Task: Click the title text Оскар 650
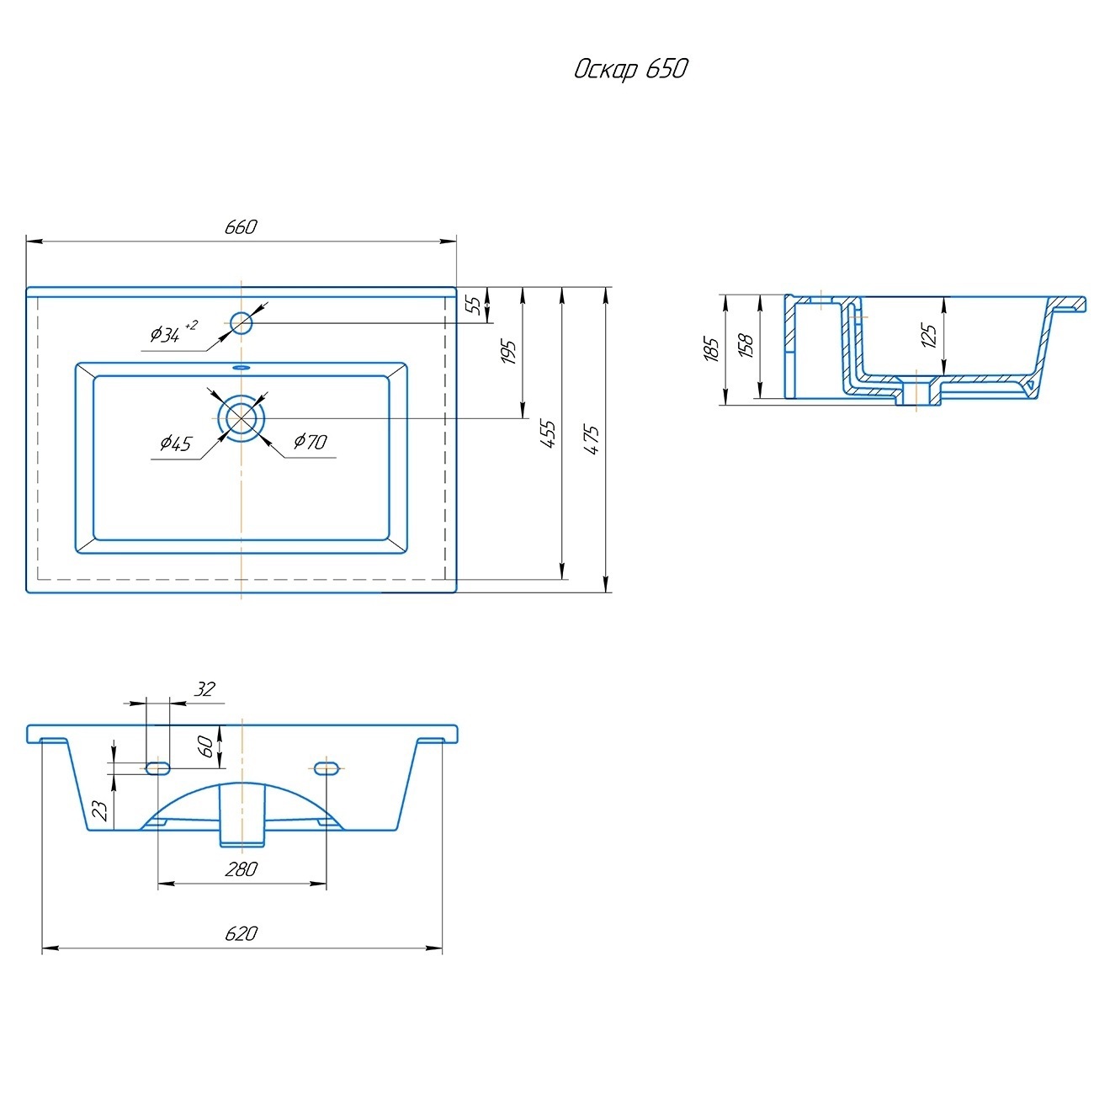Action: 631,69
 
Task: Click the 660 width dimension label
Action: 241,227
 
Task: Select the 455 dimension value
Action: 547,433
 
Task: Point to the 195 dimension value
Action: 508,352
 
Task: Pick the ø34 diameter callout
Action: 173,332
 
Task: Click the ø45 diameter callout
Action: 176,443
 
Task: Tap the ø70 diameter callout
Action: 310,441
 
